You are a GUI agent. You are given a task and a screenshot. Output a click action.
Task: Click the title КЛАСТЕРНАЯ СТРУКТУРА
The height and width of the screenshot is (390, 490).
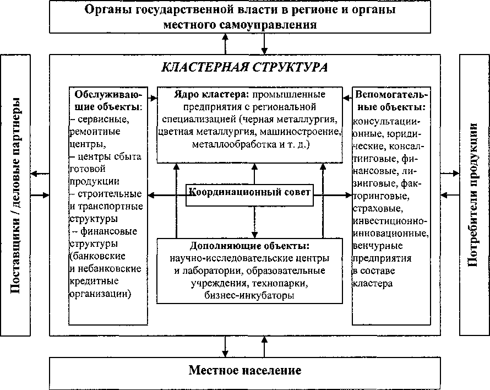click(244, 67)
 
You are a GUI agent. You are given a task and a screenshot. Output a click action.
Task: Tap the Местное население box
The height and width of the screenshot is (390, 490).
click(245, 370)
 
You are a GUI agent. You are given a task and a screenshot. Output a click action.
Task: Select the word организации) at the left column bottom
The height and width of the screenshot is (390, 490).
click(100, 294)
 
